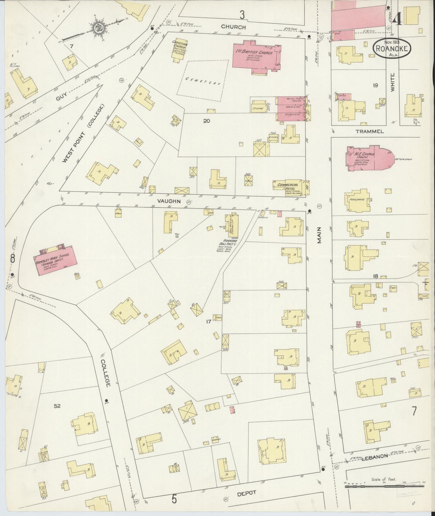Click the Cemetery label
point(203,81)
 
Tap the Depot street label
point(247,493)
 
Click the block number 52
point(57,406)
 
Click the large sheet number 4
point(397,20)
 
